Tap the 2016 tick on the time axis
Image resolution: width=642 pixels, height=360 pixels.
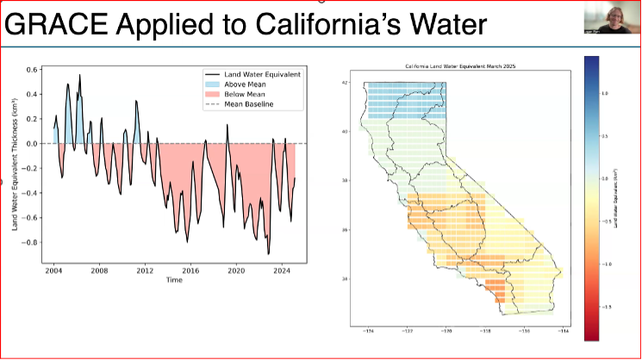(x=190, y=270)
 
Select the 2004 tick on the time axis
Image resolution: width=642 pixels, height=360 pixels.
(x=53, y=270)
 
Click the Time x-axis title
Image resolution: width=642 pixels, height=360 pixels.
(x=175, y=280)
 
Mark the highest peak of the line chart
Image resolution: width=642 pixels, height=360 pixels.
(x=80, y=75)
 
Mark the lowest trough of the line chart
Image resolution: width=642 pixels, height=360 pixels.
(x=268, y=254)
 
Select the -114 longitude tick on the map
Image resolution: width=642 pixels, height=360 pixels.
(x=565, y=331)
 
